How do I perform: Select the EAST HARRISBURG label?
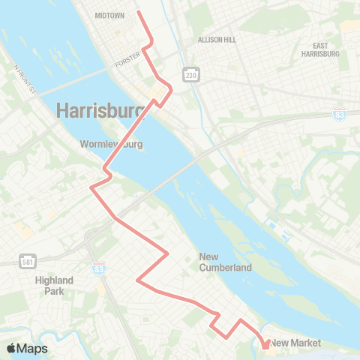pos(320,49)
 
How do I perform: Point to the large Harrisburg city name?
pos(100,111)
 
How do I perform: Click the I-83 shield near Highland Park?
pos(99,268)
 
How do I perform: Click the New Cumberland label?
pos(225,262)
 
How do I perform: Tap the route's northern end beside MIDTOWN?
pos(139,12)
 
